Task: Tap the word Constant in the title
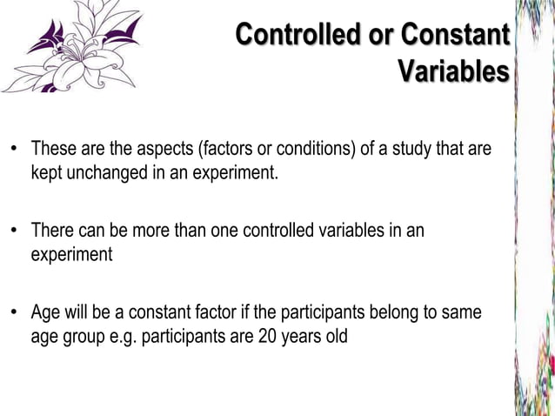(453, 36)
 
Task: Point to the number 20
(267, 335)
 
